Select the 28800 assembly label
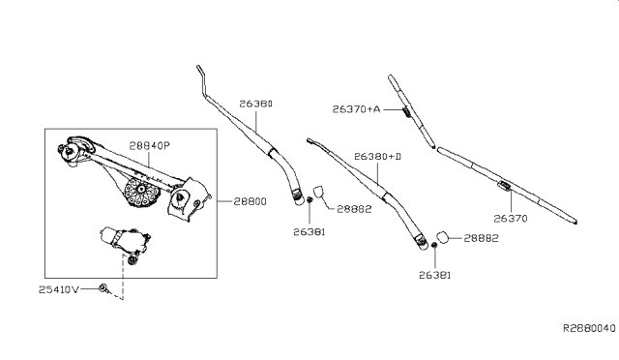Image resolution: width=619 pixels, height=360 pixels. (x=251, y=201)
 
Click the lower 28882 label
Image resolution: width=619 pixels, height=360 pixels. (x=481, y=237)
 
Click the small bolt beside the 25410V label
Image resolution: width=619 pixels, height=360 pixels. (x=104, y=288)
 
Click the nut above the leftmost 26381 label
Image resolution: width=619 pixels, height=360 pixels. (x=308, y=200)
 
